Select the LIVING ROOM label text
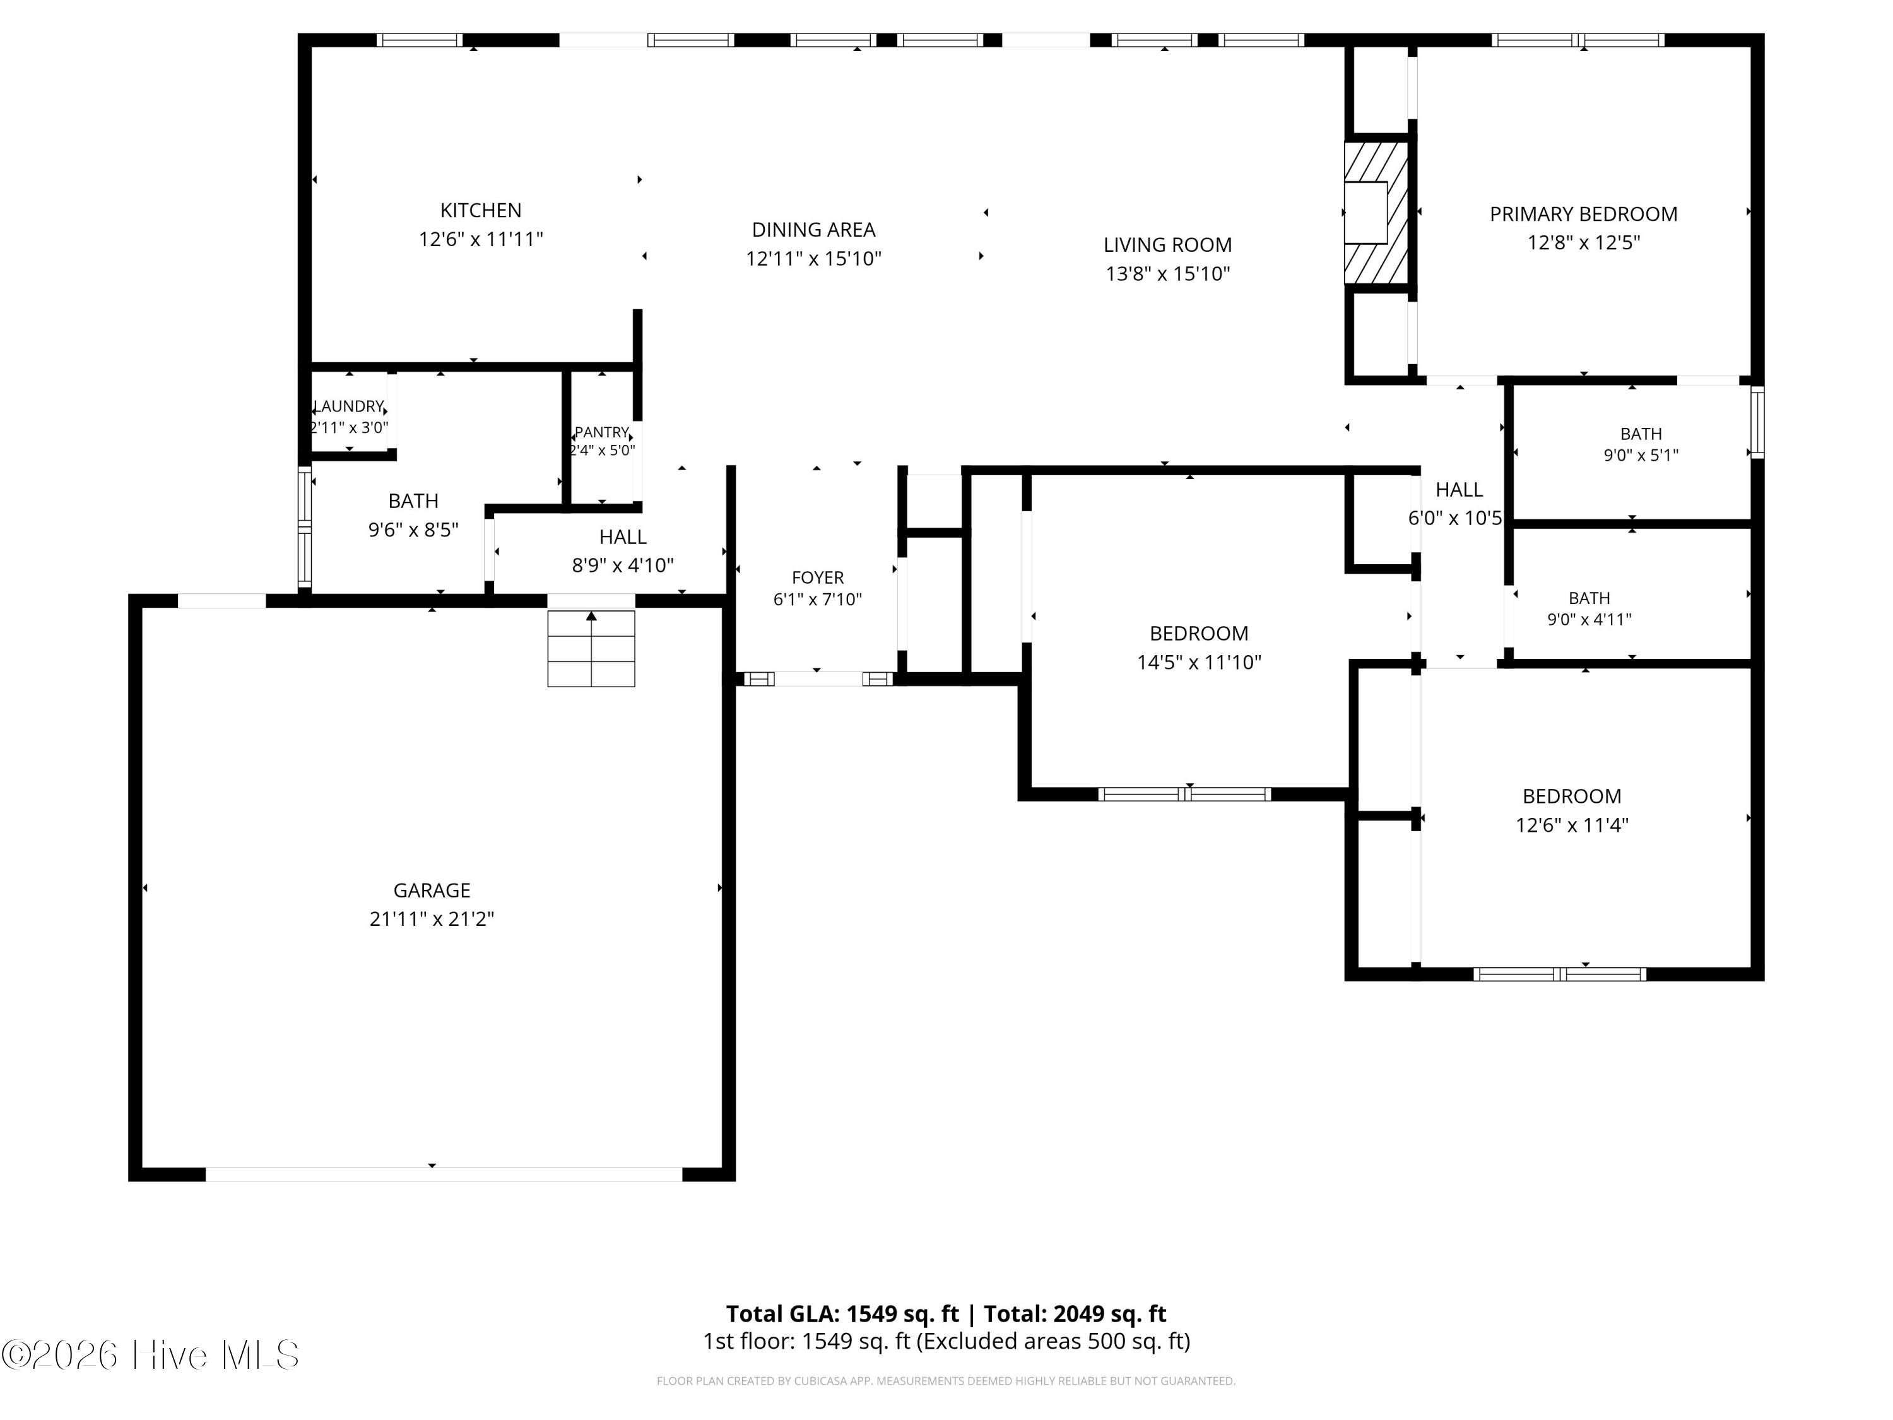1167,245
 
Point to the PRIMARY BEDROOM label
1583,214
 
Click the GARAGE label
432,890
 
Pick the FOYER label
817,577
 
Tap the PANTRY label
601,432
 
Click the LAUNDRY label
349,406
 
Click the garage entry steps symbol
591,648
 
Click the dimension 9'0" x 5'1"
1641,456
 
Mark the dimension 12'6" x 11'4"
1571,825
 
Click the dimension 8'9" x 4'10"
622,565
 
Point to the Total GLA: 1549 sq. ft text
842,1314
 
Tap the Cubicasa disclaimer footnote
946,1381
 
